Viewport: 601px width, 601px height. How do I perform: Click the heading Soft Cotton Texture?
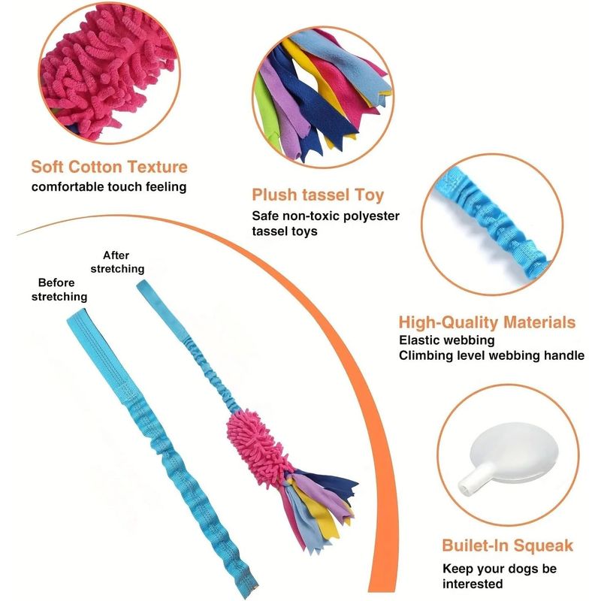click(x=109, y=167)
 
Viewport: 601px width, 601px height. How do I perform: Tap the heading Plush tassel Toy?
click(x=318, y=195)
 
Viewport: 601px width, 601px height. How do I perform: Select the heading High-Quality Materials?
click(x=487, y=322)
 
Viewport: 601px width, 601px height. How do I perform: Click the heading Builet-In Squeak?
click(x=507, y=545)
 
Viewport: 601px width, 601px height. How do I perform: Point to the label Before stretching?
click(x=59, y=289)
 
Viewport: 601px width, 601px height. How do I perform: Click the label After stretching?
click(x=117, y=261)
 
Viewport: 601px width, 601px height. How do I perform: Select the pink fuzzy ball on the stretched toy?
click(x=258, y=444)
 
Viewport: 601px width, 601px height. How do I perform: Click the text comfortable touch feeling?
click(x=109, y=187)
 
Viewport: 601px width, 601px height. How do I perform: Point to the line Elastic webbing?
click(x=446, y=340)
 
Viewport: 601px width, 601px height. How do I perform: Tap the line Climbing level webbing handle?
click(x=491, y=355)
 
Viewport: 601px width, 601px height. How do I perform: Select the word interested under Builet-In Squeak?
click(x=473, y=584)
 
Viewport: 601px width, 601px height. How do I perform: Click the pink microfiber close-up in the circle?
click(x=109, y=73)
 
